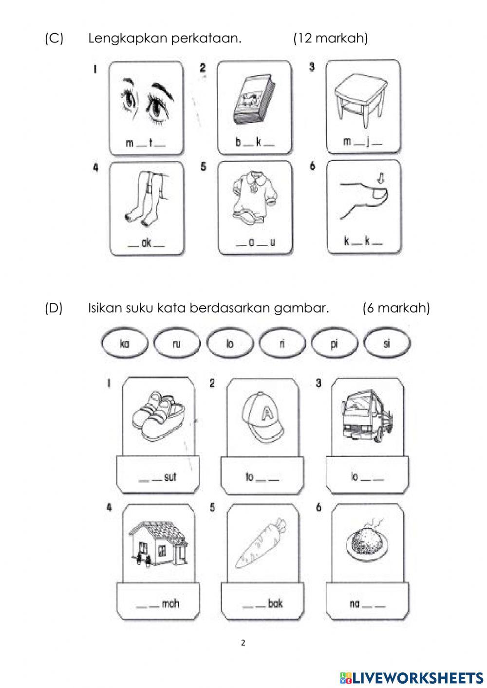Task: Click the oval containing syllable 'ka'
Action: [124, 344]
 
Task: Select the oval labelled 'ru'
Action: [176, 344]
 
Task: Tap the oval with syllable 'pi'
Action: [334, 344]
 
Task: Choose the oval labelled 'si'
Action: [387, 344]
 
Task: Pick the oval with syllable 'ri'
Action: [282, 344]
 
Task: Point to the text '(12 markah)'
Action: [330, 38]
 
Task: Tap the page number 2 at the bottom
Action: [243, 642]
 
